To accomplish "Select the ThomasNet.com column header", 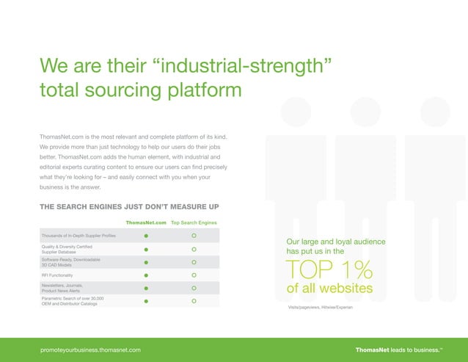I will point(146,221).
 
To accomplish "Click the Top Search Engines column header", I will point(193,221).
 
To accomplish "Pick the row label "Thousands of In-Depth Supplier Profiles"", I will point(78,236).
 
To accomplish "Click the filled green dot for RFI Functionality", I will point(146,275).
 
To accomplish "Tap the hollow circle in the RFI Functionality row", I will point(194,275).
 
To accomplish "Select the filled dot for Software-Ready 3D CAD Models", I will point(146,262).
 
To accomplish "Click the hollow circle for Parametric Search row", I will point(194,301).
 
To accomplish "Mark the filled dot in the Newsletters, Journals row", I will point(146,289).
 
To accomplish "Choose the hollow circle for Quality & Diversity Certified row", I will point(194,249).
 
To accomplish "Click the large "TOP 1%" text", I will point(329,270).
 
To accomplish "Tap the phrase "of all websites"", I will point(329,289).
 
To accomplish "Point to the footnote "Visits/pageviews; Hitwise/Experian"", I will point(321,306).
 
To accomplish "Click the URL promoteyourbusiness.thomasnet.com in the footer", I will point(91,350).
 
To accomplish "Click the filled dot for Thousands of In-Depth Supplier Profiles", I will point(146,236).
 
